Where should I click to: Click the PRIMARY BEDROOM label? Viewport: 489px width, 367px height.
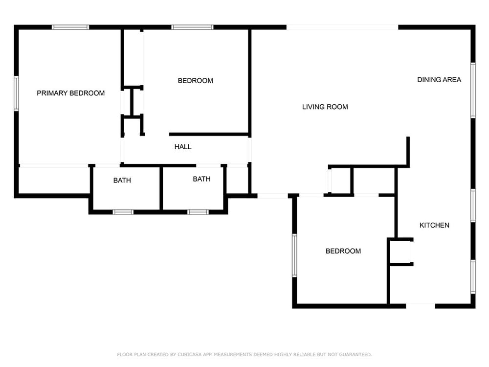click(x=71, y=93)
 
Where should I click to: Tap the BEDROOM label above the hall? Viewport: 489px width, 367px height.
click(x=196, y=81)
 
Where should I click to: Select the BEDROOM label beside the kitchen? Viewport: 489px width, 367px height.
click(x=343, y=251)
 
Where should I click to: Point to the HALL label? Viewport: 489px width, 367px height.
click(x=183, y=147)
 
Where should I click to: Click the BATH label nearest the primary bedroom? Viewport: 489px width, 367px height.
click(x=122, y=181)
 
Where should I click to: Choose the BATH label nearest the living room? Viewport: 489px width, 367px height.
click(x=201, y=179)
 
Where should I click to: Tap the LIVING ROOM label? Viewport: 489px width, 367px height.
click(x=325, y=107)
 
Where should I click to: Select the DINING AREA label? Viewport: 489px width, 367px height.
click(x=439, y=80)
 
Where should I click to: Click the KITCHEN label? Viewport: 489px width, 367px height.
click(x=434, y=225)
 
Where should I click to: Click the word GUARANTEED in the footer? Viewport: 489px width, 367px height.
click(x=355, y=354)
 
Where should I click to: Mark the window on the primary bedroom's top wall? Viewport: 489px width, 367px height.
click(x=70, y=27)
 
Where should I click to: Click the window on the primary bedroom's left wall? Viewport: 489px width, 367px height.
click(x=16, y=93)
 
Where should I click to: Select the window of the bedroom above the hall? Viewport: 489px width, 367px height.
click(x=192, y=27)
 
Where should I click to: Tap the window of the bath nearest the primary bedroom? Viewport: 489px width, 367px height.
click(x=123, y=212)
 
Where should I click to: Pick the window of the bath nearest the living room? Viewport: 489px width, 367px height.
click(x=198, y=212)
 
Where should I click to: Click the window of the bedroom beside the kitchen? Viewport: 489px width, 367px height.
click(x=294, y=255)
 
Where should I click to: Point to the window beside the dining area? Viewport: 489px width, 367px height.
click(x=473, y=90)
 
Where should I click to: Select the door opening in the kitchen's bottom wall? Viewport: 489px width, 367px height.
click(x=421, y=306)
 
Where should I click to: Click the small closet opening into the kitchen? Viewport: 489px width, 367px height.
click(x=401, y=252)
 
